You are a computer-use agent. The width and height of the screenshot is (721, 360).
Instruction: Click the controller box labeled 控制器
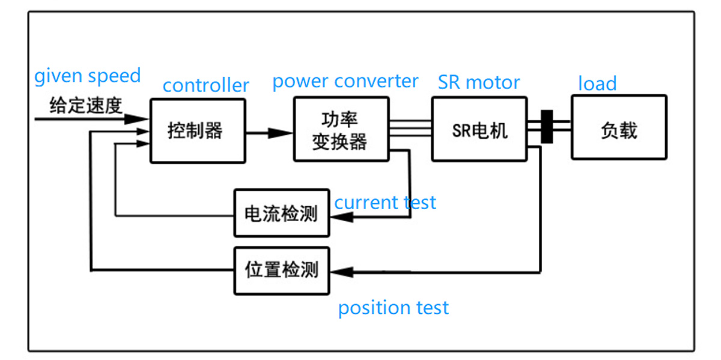(x=197, y=130)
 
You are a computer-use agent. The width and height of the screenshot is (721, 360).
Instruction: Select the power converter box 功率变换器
(x=340, y=130)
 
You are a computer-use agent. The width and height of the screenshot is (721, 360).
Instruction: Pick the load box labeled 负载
(x=619, y=127)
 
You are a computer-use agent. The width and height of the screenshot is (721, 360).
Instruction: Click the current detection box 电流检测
(x=281, y=213)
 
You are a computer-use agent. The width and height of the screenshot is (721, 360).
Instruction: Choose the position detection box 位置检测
(x=281, y=270)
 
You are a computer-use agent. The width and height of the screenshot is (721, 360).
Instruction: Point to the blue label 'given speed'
(x=87, y=76)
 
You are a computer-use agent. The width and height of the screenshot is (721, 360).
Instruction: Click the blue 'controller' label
(x=205, y=85)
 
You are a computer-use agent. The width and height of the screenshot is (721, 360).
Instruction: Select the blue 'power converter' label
(x=345, y=81)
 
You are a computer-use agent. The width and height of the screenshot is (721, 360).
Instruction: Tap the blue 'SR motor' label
(x=478, y=82)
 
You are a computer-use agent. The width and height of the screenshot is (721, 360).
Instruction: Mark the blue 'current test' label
(x=385, y=203)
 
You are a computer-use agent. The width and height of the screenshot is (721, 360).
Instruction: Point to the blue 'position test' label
(x=393, y=308)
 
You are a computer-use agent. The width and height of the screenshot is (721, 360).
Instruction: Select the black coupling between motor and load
(x=547, y=127)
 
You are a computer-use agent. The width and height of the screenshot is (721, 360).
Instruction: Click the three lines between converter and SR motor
(x=410, y=128)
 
